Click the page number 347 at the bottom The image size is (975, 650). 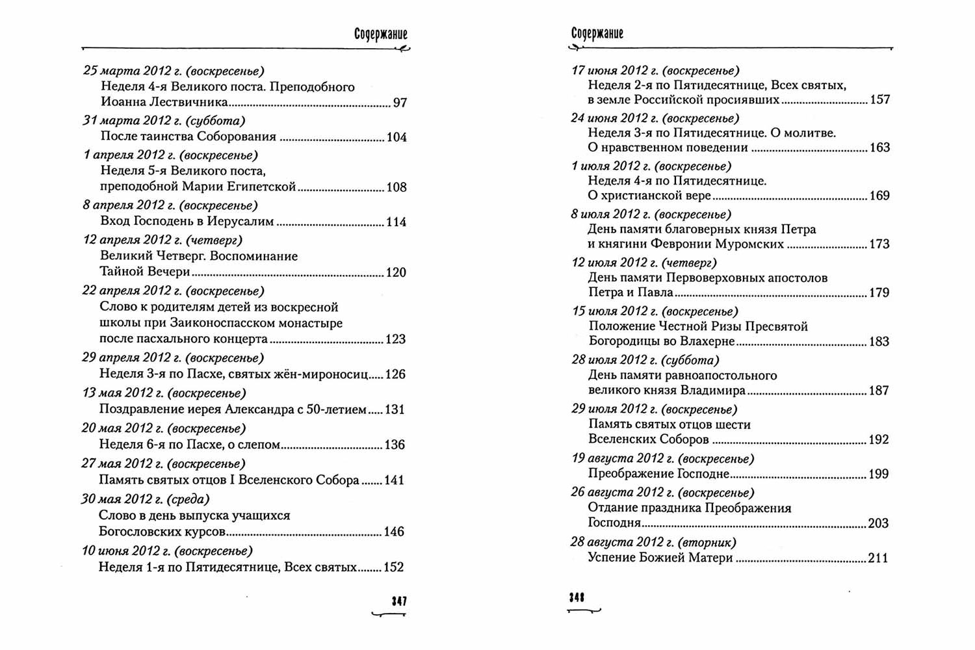(399, 601)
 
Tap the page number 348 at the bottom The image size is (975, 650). (577, 598)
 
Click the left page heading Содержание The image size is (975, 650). (381, 34)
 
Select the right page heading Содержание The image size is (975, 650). (597, 34)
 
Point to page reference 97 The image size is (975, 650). (400, 103)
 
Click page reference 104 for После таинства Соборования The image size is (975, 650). (396, 137)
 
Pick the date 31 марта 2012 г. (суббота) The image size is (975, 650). (164, 120)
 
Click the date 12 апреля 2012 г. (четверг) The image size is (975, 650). (162, 240)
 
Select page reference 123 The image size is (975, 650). (395, 339)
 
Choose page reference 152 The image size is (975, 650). (394, 567)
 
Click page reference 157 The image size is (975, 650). (879, 100)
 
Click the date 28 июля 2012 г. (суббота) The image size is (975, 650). (645, 359)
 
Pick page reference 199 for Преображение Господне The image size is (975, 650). (878, 474)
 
